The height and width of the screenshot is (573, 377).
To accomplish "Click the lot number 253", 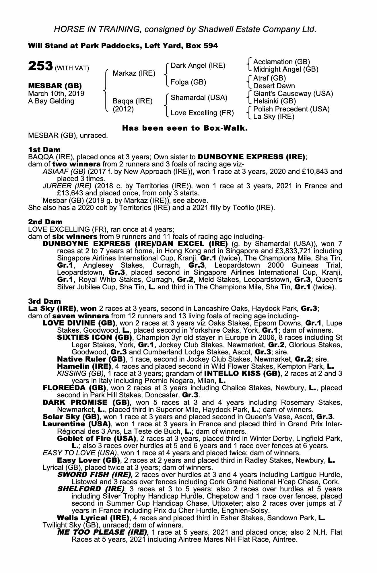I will [40, 66].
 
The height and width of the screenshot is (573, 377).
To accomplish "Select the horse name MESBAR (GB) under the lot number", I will [55, 86].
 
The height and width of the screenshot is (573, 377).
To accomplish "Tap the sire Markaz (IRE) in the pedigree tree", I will [134, 74].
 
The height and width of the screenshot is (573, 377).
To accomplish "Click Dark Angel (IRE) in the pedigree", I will [198, 66].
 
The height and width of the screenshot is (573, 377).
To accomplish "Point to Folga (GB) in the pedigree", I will [188, 82].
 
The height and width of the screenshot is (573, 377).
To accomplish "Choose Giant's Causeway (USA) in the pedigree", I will [293, 94].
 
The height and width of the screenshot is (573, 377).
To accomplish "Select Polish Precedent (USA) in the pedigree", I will [291, 109].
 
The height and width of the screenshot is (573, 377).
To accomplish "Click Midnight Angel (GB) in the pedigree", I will [286, 69].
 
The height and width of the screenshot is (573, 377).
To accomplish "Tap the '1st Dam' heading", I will [44, 149].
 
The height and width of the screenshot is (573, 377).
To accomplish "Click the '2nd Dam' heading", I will [45, 222].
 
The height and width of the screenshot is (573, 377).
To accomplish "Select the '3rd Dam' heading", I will [45, 301].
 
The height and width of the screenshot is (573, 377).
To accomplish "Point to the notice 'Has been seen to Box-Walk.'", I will [185, 128].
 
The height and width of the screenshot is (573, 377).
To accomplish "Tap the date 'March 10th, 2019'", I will [56, 94].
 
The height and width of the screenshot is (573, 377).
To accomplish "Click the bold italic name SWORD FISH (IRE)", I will [94, 474].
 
